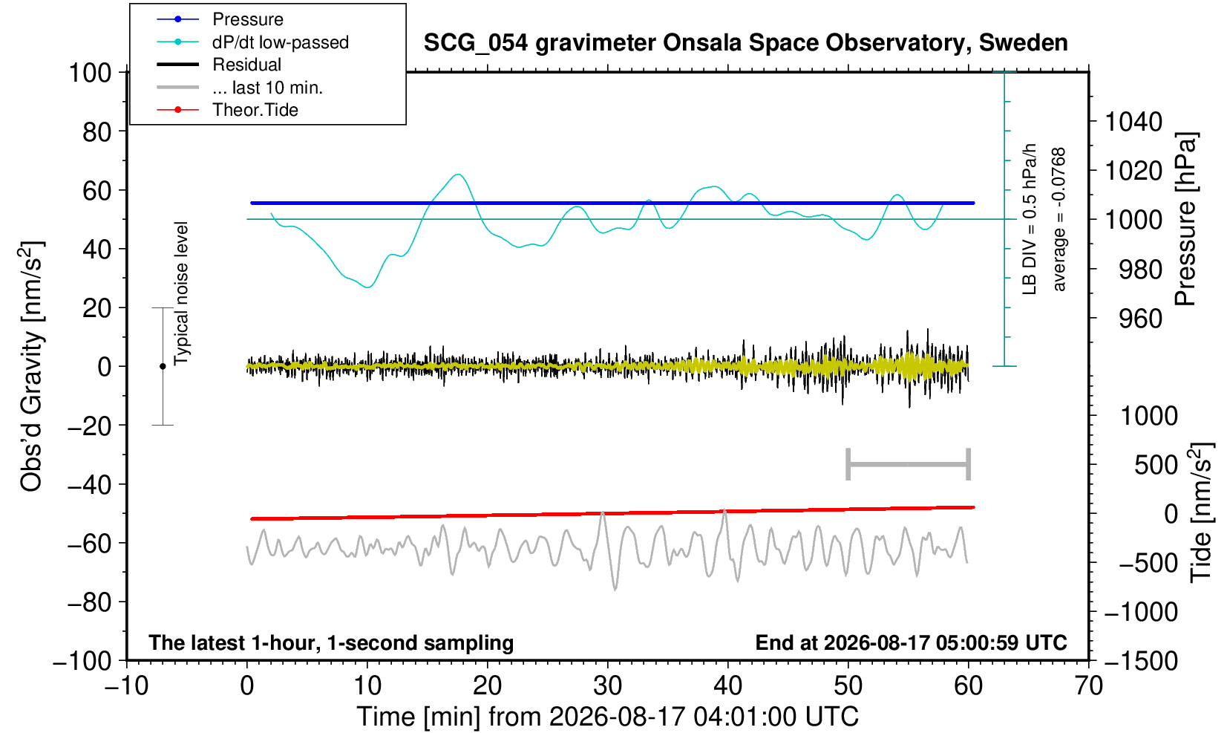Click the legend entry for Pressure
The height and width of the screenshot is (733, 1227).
[248, 19]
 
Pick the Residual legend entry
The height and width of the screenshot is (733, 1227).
[246, 65]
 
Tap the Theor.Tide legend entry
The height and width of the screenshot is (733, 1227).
[255, 110]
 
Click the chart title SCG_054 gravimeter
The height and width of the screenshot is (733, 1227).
[745, 43]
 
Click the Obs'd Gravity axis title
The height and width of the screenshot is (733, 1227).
[31, 366]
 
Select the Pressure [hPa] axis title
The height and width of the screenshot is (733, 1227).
[1186, 219]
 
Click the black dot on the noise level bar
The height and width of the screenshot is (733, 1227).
[163, 366]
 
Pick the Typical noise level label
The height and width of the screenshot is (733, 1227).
[181, 294]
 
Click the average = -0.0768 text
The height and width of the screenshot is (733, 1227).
[1059, 219]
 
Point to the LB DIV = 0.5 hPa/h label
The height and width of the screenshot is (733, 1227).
[1030, 219]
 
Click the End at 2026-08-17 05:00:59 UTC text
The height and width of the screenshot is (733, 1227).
[911, 642]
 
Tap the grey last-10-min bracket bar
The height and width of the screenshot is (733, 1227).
[909, 464]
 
